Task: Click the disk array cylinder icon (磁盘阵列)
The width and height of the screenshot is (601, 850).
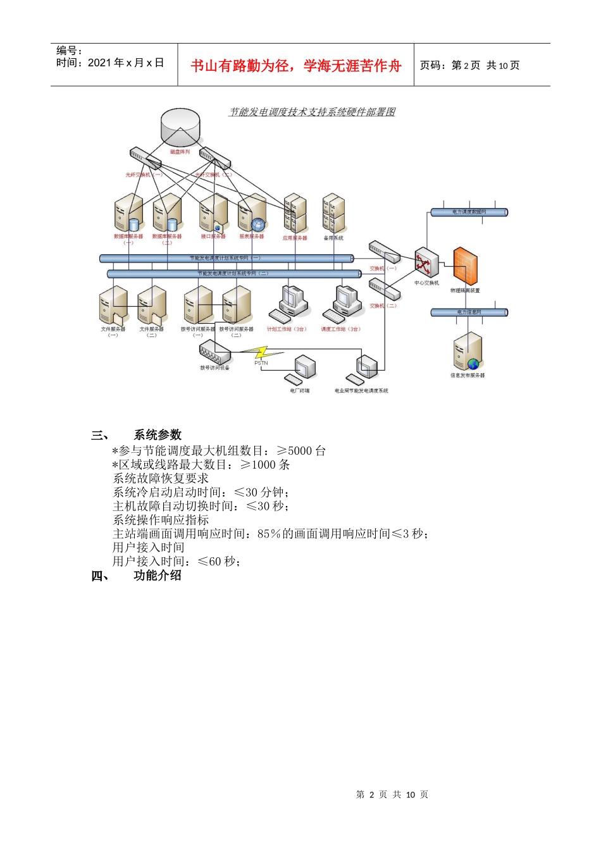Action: click(180, 126)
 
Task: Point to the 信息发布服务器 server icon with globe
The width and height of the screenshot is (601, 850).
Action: click(468, 352)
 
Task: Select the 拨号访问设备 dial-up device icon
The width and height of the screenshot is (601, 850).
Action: click(214, 352)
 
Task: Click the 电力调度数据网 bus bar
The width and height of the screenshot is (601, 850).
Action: click(469, 212)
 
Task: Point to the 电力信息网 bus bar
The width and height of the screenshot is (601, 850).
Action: click(469, 312)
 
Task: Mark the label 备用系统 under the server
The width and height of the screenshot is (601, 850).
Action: click(333, 238)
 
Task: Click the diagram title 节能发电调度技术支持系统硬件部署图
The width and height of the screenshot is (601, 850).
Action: click(312, 112)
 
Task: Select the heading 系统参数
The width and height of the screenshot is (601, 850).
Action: click(158, 434)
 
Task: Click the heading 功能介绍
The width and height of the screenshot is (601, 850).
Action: click(158, 575)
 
